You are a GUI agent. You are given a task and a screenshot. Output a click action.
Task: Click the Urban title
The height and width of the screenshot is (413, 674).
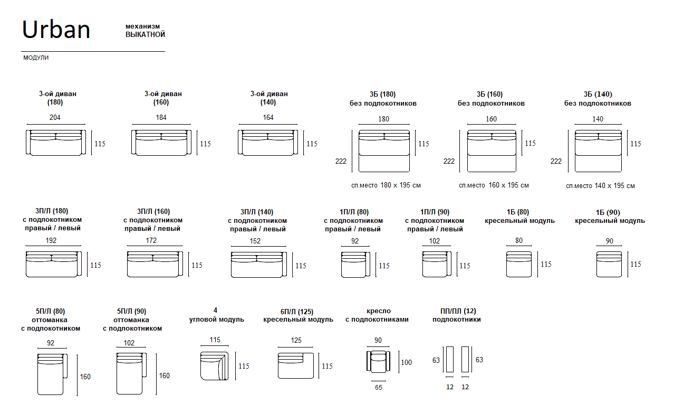[56, 30]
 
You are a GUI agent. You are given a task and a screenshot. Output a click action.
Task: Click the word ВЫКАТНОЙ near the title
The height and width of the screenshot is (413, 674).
[145, 35]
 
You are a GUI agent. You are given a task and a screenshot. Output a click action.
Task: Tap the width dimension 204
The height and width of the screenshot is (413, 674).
[55, 117]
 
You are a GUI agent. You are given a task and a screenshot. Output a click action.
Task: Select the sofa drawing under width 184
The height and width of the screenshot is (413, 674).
[161, 143]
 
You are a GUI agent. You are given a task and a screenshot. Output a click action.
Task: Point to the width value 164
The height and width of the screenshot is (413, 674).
[268, 117]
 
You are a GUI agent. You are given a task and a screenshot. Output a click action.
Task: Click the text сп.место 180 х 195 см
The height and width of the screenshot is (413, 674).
[386, 185]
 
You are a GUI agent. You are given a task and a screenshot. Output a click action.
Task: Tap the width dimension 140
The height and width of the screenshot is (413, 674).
[598, 119]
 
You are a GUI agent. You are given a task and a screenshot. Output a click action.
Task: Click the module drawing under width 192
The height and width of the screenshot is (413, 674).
[53, 264]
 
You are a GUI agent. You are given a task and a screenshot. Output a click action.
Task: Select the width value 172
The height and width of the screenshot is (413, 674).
[151, 240]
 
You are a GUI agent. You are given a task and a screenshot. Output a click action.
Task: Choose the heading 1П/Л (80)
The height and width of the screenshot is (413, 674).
[354, 212]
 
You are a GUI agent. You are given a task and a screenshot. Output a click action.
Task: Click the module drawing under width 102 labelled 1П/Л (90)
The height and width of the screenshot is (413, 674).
[436, 264]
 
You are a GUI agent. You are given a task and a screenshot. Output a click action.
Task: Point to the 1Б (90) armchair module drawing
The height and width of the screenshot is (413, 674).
[609, 264]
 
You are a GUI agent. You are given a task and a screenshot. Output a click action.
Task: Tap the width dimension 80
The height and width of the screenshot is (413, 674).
[519, 240]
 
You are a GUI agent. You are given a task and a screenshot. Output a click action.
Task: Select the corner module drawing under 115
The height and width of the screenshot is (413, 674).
[214, 365]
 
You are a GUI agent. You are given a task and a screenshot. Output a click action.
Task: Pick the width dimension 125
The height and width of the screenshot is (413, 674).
[296, 341]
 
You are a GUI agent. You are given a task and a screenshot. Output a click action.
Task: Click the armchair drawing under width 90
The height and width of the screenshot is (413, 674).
[378, 362]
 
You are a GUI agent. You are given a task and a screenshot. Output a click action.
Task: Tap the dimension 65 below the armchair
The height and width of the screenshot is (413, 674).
[378, 387]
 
